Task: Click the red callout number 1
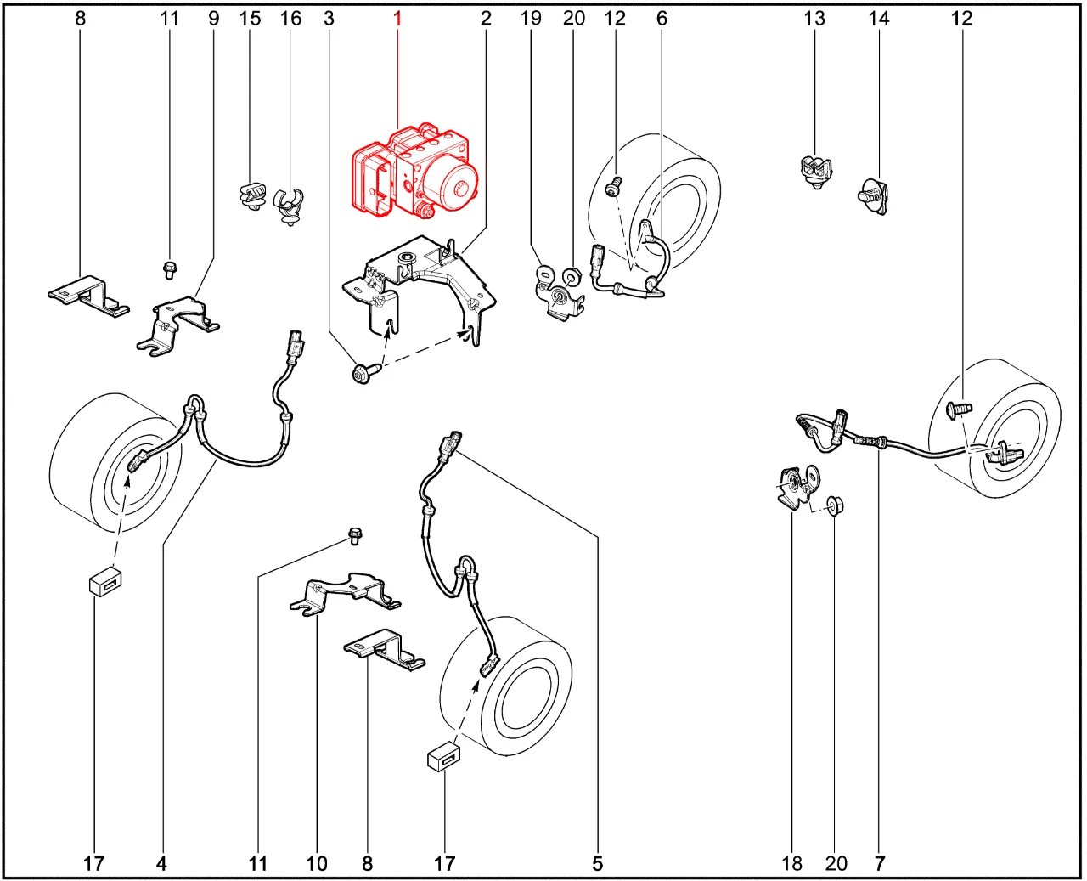point(397,19)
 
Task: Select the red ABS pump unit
point(416,172)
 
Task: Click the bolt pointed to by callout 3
point(366,373)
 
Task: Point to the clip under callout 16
point(289,206)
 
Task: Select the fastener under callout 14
point(874,196)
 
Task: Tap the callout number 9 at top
point(214,19)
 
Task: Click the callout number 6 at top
point(662,19)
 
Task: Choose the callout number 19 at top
point(531,19)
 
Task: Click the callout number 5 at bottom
point(598,863)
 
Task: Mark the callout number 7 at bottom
point(880,863)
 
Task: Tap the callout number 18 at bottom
point(791,863)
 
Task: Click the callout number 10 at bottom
point(317,863)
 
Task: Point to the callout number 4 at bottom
point(161,863)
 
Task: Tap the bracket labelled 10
point(345,594)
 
